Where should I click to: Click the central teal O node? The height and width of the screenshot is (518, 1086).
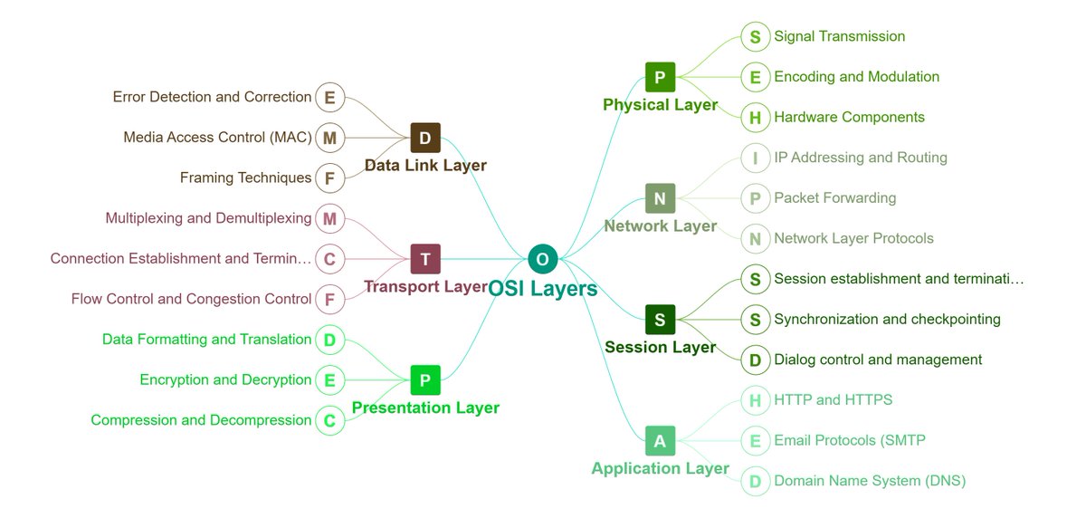pos(542,259)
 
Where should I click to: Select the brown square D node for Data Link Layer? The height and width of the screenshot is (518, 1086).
pos(425,138)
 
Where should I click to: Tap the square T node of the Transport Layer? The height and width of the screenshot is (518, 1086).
pos(425,259)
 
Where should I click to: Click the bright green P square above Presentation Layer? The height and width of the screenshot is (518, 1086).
pos(425,379)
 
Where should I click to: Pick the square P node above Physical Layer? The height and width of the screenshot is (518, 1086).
pos(660,77)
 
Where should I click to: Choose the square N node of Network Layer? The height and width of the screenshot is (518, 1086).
pos(660,198)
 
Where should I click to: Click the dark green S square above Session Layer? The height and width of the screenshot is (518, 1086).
pos(660,319)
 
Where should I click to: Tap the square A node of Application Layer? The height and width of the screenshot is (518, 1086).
pos(660,440)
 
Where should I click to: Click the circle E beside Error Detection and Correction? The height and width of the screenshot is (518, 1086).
pos(329,97)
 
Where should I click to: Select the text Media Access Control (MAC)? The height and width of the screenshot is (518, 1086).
pos(217,138)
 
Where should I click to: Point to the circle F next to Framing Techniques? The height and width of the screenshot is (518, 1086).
pos(329,178)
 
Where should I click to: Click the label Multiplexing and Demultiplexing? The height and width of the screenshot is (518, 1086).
pos(208,218)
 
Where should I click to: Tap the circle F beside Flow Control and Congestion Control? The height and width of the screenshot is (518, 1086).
pos(329,299)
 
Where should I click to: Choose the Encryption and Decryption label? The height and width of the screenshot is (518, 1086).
pos(225,380)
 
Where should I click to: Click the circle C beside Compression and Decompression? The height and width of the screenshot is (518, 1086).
pos(329,420)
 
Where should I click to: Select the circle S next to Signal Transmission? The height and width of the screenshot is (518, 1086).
pos(755,37)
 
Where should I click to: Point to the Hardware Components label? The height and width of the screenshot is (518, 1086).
pos(849,118)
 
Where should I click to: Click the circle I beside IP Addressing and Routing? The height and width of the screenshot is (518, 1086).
pos(755,158)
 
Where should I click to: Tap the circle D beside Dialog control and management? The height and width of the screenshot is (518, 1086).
pos(755,360)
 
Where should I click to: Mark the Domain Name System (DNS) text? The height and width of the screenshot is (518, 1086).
pos(870,481)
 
